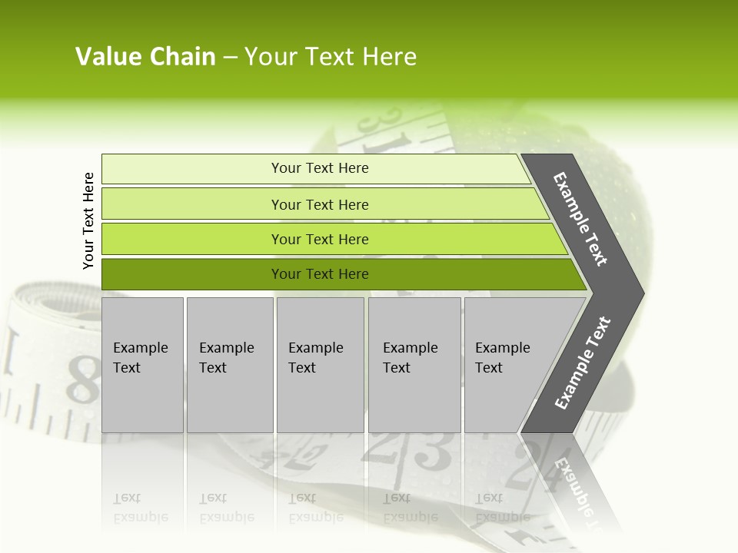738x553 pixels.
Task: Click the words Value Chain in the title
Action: point(145,57)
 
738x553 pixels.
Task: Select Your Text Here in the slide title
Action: point(331,57)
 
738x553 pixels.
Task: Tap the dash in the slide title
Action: point(230,58)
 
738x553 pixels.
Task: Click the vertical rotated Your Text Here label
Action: point(88,220)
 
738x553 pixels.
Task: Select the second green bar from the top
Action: point(320,204)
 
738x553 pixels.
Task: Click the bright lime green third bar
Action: point(320,239)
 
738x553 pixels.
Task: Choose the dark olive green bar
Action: point(320,274)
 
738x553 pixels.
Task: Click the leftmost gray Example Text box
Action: point(142,364)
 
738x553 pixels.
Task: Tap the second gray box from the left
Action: point(229,364)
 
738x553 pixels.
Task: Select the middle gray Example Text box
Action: point(320,364)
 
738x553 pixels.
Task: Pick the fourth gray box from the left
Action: point(414,364)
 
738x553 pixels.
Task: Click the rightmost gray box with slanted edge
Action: point(507,364)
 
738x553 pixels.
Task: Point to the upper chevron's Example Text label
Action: point(581,219)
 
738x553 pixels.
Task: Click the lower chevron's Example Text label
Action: point(583,363)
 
